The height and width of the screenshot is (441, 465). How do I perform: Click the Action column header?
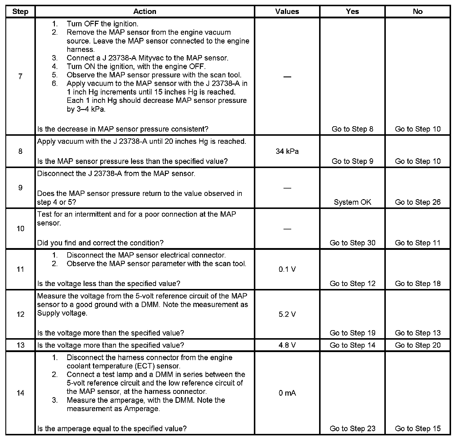pos(144,12)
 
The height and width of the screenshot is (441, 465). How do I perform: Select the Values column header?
pos(287,12)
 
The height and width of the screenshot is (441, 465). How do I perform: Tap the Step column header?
pos(20,12)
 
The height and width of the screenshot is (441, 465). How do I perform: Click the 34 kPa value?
pos(287,151)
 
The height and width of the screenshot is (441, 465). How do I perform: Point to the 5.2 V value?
pos(287,314)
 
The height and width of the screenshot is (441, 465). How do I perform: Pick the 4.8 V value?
pos(287,345)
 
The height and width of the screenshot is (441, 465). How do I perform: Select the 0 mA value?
pos(287,393)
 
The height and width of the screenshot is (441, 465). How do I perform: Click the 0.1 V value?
pos(287,269)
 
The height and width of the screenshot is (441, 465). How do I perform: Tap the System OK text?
pos(352,202)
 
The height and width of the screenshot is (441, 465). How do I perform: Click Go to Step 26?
pos(418,202)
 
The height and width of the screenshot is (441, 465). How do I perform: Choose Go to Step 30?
pos(352,243)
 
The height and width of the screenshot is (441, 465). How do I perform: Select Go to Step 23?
pos(352,429)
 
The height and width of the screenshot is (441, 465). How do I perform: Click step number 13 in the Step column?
pos(20,345)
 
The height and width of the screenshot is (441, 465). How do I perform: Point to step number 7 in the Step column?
pos(20,77)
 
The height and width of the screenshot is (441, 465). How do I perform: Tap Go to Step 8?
pos(352,129)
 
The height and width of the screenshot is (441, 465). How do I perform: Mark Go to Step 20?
pos(418,345)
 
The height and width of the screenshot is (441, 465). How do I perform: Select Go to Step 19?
pos(352,333)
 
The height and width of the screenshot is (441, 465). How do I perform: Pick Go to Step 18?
pos(418,284)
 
